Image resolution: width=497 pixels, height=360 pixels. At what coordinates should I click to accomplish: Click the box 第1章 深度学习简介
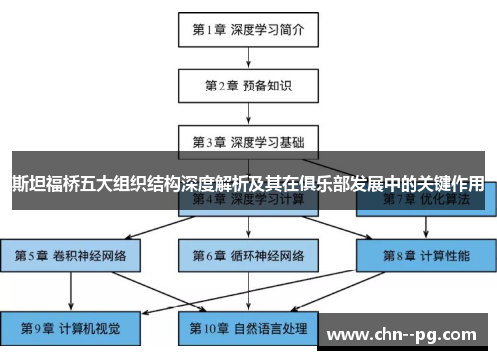tap(248, 29)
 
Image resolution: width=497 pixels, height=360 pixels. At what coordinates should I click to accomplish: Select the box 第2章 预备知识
tap(248, 85)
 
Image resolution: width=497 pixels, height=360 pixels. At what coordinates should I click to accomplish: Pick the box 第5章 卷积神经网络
tap(70, 254)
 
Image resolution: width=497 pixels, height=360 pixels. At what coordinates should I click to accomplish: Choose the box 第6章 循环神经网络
tap(248, 254)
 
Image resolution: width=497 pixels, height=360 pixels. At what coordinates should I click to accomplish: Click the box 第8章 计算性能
tap(426, 254)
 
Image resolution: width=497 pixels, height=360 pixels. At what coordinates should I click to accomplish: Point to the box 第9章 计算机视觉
tap(70, 326)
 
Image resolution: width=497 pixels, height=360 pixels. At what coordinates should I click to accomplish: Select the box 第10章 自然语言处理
tap(248, 326)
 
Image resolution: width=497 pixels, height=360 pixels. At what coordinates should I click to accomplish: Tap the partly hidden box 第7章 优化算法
tap(426, 202)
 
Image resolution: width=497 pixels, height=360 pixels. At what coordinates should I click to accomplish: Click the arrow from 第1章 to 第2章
tap(248, 57)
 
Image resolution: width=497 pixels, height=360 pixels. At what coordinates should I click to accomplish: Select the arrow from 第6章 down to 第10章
tap(248, 289)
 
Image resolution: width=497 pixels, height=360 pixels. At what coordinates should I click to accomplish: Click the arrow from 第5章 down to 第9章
tap(70, 289)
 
